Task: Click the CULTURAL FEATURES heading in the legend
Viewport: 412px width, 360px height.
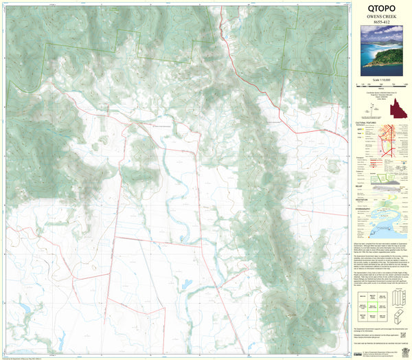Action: click(x=366, y=124)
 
